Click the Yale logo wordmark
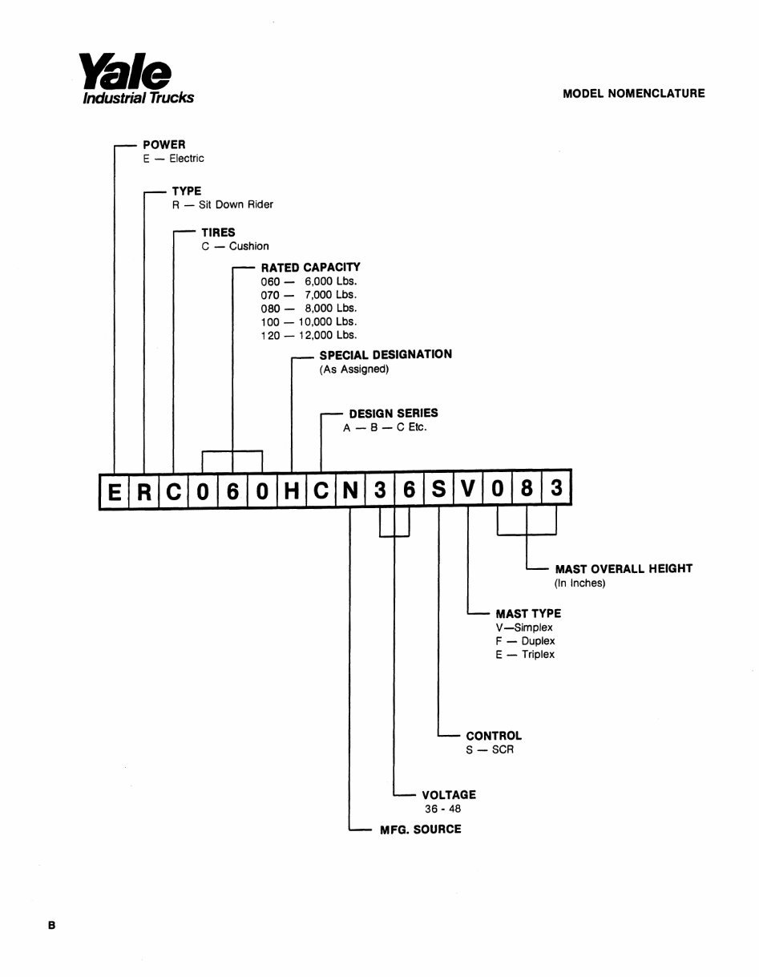(x=125, y=71)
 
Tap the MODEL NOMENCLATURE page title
(x=633, y=94)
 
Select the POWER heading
(x=164, y=145)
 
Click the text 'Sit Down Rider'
(x=236, y=204)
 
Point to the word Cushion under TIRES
(x=249, y=246)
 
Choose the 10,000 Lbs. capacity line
(x=327, y=322)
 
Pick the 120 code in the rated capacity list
(x=270, y=335)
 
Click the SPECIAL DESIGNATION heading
(x=386, y=355)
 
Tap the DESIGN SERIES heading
(x=394, y=414)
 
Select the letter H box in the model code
(x=292, y=490)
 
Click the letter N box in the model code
(x=350, y=490)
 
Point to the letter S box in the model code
(x=439, y=489)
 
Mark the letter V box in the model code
(x=468, y=489)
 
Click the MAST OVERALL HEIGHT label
(x=624, y=569)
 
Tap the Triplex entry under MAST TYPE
(x=539, y=655)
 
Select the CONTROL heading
(x=494, y=736)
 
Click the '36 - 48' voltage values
(x=443, y=809)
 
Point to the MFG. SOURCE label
(x=421, y=830)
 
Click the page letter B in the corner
(x=52, y=926)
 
